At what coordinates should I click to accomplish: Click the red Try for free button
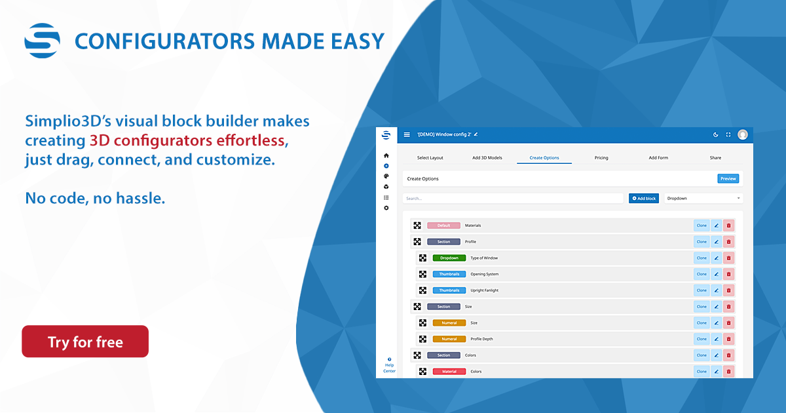tap(85, 342)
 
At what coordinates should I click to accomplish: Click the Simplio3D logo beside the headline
tap(42, 41)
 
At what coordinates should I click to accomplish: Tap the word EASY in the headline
tap(358, 41)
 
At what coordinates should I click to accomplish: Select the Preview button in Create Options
tap(728, 179)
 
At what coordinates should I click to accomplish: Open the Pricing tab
tap(601, 158)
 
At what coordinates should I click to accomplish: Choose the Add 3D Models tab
tap(487, 158)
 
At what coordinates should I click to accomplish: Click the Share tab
tap(715, 158)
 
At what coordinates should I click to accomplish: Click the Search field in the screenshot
tap(513, 199)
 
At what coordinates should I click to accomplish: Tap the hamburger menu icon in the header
tap(407, 134)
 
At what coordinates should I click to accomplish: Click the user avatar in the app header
tap(743, 134)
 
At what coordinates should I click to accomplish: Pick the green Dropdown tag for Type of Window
tap(449, 258)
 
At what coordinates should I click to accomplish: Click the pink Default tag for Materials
tap(443, 226)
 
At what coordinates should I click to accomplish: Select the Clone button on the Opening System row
tap(702, 274)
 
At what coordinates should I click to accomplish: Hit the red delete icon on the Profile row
tap(728, 242)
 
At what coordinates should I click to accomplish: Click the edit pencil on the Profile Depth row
tap(716, 340)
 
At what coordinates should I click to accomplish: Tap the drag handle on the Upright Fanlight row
tap(423, 290)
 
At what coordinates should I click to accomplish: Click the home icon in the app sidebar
tap(386, 155)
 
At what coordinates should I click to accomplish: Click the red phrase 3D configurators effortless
tap(189, 140)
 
